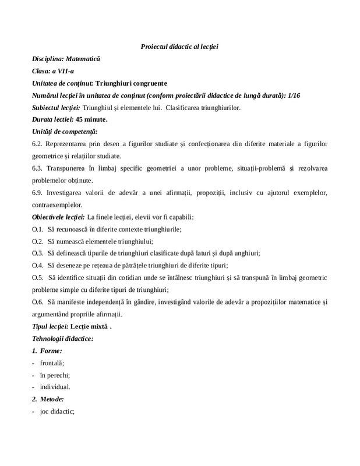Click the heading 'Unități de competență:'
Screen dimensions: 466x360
pyautogui.click(x=65, y=132)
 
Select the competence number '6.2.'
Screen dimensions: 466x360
pyautogui.click(x=38, y=144)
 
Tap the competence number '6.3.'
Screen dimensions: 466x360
pyautogui.click(x=38, y=168)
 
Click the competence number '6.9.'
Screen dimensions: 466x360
pyautogui.click(x=38, y=193)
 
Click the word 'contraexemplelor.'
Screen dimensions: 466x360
pyautogui.click(x=57, y=205)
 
